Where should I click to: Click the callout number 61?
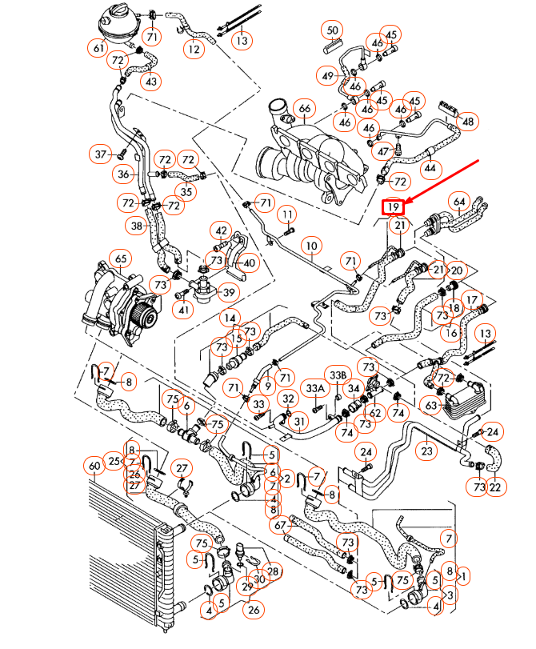coord(98,49)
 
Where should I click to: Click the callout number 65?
coord(121,260)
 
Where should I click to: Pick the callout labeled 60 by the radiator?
coord(94,465)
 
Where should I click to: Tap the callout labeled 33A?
coord(315,388)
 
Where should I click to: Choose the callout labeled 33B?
coord(337,374)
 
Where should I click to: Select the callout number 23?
coord(426,451)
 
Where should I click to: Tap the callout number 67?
coord(278,526)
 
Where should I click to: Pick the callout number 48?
coord(468,122)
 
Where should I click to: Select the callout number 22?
coord(498,487)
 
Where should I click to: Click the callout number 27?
coord(182,468)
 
